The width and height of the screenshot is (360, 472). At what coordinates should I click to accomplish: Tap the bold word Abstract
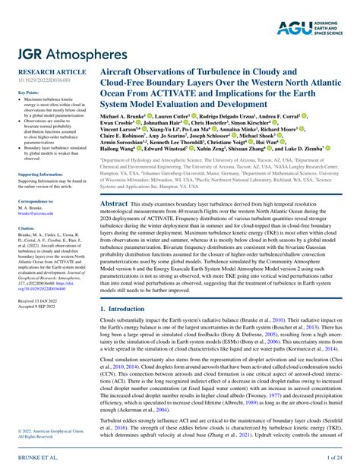coord(114,204)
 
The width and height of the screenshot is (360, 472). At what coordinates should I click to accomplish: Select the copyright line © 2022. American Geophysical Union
coord(43,432)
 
